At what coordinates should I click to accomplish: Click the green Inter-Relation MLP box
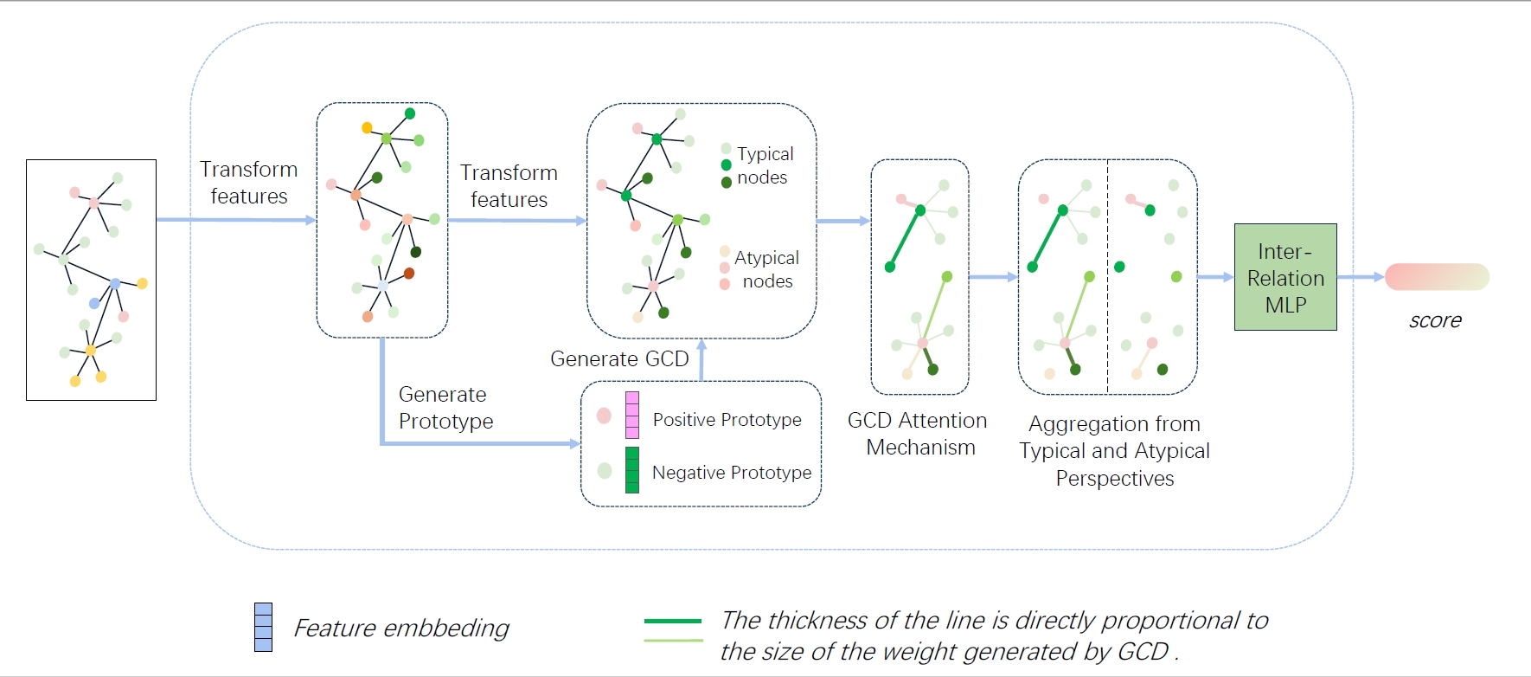(1285, 277)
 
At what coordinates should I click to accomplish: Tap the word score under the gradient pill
(1435, 320)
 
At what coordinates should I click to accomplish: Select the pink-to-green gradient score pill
(1437, 277)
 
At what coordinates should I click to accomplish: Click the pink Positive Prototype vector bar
(632, 416)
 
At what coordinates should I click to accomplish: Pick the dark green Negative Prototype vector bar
(632, 470)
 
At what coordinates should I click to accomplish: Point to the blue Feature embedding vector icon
(264, 627)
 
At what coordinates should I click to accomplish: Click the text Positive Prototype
(727, 420)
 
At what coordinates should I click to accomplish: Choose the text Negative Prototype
(732, 473)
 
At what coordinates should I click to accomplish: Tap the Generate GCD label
(619, 358)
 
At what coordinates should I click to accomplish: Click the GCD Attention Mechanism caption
(919, 434)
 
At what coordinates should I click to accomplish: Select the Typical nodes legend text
(765, 165)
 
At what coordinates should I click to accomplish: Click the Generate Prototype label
(445, 408)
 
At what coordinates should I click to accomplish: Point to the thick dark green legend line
(673, 621)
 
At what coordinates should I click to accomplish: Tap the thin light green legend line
(673, 641)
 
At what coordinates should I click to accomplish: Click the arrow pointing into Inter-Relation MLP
(1215, 277)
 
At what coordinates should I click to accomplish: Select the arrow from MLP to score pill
(1361, 277)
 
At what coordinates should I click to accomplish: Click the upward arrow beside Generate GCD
(701, 360)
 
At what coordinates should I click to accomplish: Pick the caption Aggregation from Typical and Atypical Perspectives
(1115, 451)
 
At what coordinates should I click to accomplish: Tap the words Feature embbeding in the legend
(401, 628)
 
